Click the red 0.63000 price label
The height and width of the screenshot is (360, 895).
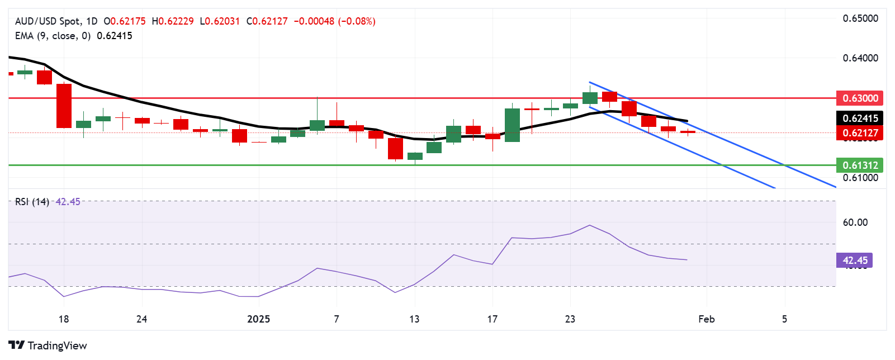(x=860, y=98)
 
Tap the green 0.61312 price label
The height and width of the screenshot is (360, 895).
(x=860, y=165)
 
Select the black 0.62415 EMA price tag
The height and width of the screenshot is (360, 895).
(x=860, y=119)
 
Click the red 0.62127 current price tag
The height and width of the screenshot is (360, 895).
(x=860, y=133)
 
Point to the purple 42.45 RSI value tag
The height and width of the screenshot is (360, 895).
(x=855, y=260)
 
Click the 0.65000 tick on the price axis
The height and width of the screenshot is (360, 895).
(x=860, y=18)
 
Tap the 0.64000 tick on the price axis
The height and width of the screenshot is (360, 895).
(x=860, y=58)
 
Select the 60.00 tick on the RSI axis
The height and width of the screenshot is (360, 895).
(x=855, y=222)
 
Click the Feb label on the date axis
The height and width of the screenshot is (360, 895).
(x=707, y=319)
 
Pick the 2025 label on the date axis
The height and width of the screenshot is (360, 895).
(x=258, y=319)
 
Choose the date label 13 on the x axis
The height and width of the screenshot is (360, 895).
(x=414, y=319)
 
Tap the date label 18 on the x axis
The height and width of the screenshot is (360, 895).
(x=64, y=319)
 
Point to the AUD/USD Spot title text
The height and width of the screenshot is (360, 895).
(x=48, y=21)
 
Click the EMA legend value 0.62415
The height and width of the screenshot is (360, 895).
(x=115, y=36)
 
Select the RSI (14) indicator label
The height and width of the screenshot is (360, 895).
(x=32, y=202)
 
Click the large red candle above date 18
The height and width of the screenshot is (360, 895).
(x=64, y=106)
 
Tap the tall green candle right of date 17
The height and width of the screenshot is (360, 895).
(x=512, y=125)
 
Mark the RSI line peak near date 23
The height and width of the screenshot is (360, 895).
(x=590, y=225)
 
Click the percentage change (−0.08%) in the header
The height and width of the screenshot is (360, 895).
(x=357, y=21)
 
